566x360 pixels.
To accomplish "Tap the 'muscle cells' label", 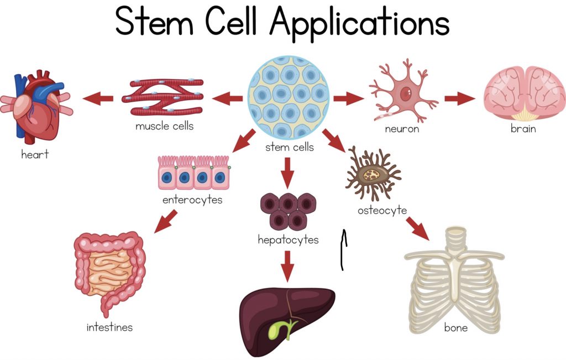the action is pos(165,126).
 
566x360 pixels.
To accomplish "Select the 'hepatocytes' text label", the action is pos(288,240).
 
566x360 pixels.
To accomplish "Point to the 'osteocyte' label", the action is pos(382,210).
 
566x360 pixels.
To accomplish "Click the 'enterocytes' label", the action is pos(192,200).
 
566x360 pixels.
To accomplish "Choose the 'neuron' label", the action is pos(402,129).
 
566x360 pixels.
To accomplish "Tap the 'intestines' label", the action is pos(109,327).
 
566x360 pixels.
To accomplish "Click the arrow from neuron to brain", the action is pos(459,98).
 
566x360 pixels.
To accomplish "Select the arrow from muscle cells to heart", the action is pos(98,98).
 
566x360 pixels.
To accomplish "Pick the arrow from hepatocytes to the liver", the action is pos(287,266).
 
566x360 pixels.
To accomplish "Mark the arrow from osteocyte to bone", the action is pos(418,228).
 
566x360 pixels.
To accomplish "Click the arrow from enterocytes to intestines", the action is pos(166,221).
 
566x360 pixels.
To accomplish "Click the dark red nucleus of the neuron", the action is pos(406,94).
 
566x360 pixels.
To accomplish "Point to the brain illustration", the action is pos(525,93).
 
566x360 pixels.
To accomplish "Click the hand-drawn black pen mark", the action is pos(343,249).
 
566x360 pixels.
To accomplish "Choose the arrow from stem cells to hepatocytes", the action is pos(287,173).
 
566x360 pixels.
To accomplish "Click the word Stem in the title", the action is pos(155,21).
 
